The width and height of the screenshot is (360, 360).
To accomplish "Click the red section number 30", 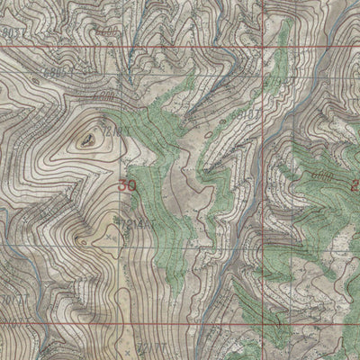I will point(127,185).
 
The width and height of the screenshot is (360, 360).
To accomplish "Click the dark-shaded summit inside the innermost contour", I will point(86,139).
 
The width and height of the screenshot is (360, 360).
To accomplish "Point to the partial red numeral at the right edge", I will point(355,184).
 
